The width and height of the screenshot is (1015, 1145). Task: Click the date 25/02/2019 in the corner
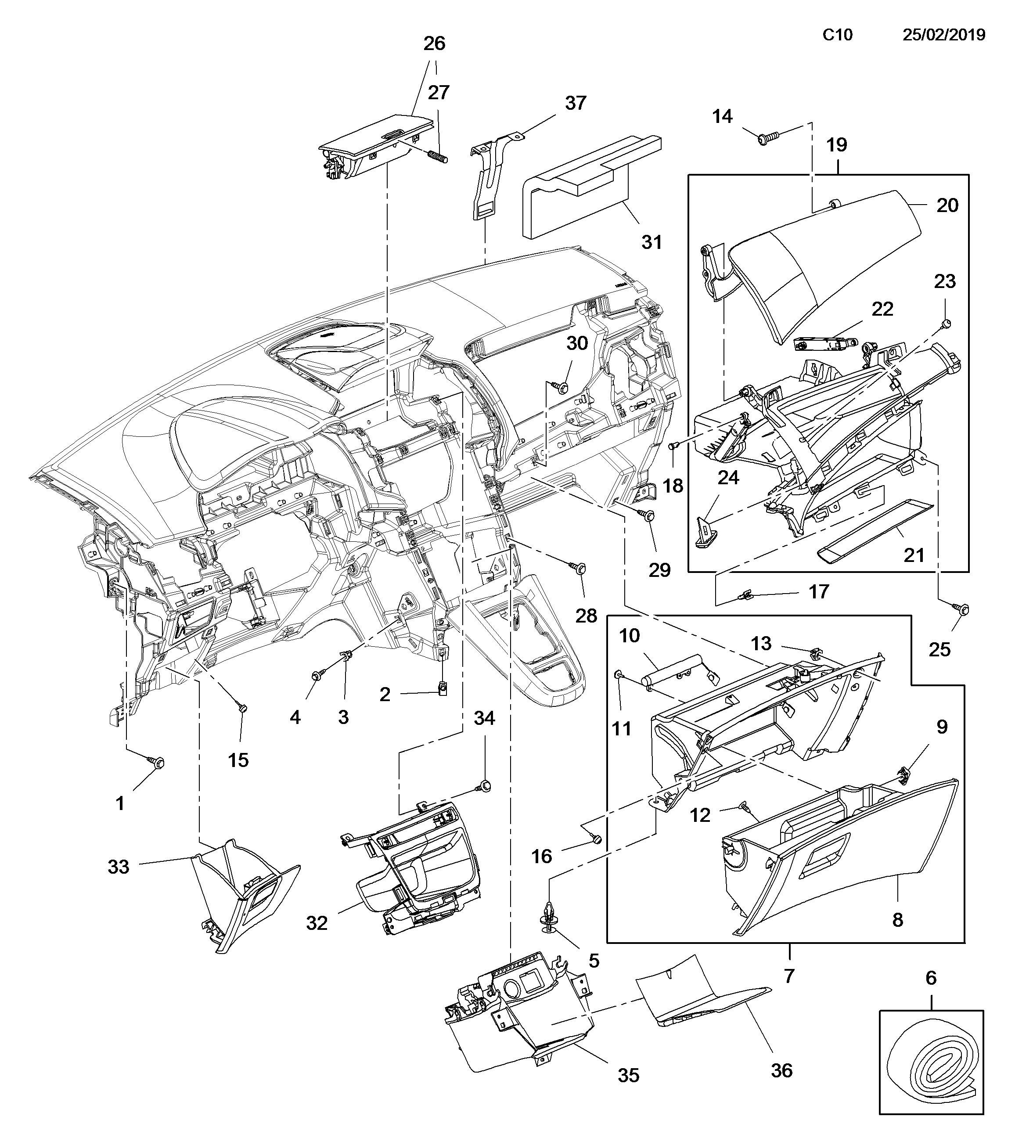pos(944,35)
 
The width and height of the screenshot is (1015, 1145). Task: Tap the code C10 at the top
pos(838,35)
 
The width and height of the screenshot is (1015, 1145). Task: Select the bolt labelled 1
pos(156,761)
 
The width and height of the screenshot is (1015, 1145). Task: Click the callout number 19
pos(837,145)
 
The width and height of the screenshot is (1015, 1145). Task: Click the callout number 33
pos(118,867)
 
